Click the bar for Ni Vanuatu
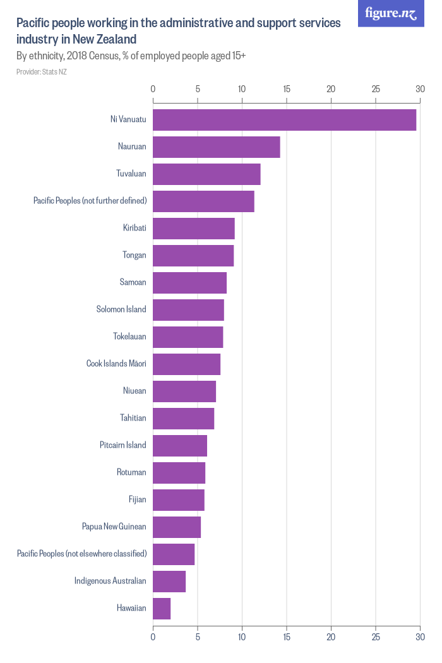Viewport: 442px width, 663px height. [x=284, y=120]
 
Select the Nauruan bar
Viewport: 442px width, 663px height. [x=217, y=147]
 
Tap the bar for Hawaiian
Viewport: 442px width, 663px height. [x=162, y=609]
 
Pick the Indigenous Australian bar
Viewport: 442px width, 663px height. [x=169, y=582]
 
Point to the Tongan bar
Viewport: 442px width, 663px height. [x=193, y=256]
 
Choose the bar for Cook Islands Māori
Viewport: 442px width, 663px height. [x=186, y=364]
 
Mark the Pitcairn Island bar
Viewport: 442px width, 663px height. [x=180, y=446]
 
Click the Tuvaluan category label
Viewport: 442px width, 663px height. [x=131, y=174]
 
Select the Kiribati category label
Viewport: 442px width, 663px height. [x=134, y=228]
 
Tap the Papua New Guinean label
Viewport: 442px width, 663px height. [x=114, y=527]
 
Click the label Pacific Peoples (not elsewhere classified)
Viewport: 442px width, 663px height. [x=82, y=554]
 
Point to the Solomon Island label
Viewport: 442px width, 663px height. [x=121, y=309]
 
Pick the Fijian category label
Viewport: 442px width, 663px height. [x=138, y=500]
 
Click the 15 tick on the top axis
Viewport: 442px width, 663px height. [x=287, y=89]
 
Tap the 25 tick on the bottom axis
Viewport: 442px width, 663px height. [x=376, y=637]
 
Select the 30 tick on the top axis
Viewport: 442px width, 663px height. [x=420, y=89]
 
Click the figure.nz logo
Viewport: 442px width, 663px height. [x=391, y=13]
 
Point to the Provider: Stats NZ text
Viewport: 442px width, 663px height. [x=42, y=72]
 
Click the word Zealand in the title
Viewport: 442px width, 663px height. [x=116, y=39]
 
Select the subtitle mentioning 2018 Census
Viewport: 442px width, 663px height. [x=131, y=56]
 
